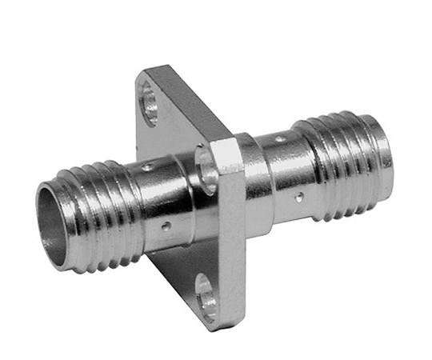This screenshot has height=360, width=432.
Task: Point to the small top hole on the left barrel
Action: [x=146, y=169]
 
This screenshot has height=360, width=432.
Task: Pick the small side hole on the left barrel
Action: [x=165, y=227]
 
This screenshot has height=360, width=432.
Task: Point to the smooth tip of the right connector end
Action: [x=384, y=168]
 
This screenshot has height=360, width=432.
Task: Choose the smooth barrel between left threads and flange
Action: [x=164, y=204]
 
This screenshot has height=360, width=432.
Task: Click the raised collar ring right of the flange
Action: [x=251, y=180]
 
